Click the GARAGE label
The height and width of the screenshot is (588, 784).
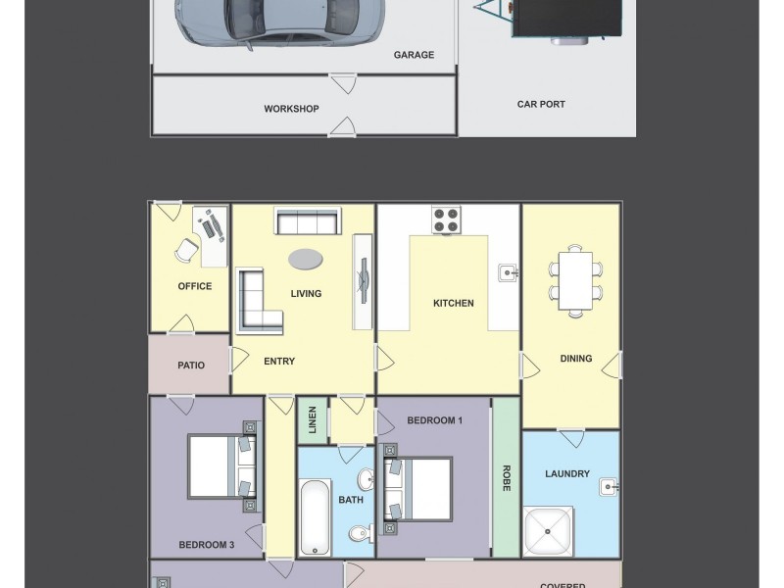(x=414, y=55)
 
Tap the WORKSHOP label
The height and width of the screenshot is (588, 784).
(x=291, y=109)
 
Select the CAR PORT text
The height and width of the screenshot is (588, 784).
(x=541, y=104)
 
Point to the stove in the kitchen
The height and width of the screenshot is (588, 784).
(x=447, y=220)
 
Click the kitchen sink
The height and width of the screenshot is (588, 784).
(x=506, y=271)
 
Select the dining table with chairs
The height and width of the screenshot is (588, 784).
(x=575, y=280)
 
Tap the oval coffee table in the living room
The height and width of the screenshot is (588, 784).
(x=305, y=259)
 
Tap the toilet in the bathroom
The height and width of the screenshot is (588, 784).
(x=360, y=533)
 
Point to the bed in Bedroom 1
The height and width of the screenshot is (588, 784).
(x=419, y=488)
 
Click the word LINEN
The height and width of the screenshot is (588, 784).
(x=313, y=419)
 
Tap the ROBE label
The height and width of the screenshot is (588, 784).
(x=506, y=477)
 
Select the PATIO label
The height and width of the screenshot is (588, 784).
(x=191, y=366)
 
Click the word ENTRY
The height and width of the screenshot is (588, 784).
(x=279, y=362)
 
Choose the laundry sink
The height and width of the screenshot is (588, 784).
(x=607, y=485)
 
